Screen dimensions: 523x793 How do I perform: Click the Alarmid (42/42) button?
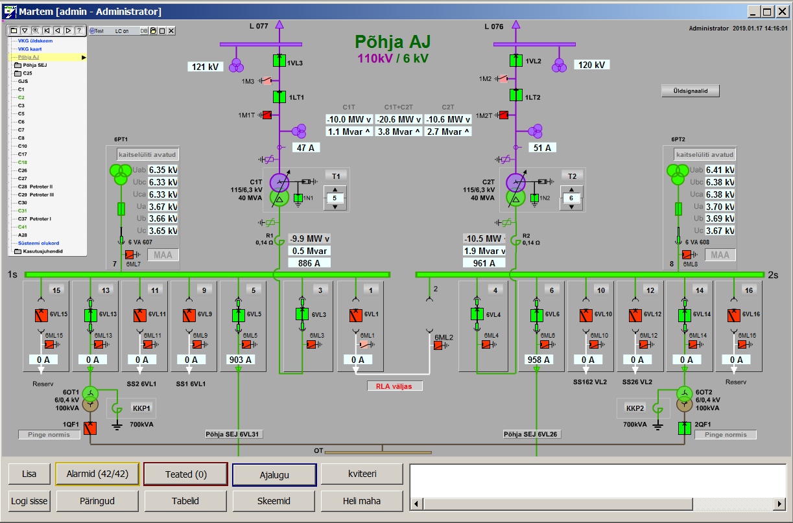(97, 474)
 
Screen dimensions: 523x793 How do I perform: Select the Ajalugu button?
(274, 474)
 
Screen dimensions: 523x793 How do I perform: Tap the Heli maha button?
(362, 500)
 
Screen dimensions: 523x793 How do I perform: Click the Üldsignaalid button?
(691, 91)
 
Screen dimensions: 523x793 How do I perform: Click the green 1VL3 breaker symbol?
(279, 60)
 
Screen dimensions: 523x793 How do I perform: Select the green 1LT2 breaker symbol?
(515, 95)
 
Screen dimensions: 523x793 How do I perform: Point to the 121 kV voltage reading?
(205, 66)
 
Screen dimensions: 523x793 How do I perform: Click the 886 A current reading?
(309, 263)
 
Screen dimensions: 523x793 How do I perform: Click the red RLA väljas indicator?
(394, 386)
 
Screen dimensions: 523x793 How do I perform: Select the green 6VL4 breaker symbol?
(477, 314)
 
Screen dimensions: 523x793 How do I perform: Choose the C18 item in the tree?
(22, 162)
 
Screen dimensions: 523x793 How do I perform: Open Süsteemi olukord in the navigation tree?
(38, 243)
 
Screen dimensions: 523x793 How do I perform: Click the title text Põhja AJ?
(392, 43)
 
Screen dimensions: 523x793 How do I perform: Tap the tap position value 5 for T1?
(335, 198)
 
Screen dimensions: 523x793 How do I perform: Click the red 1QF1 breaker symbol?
(90, 428)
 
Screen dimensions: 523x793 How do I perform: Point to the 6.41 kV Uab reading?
(720, 170)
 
